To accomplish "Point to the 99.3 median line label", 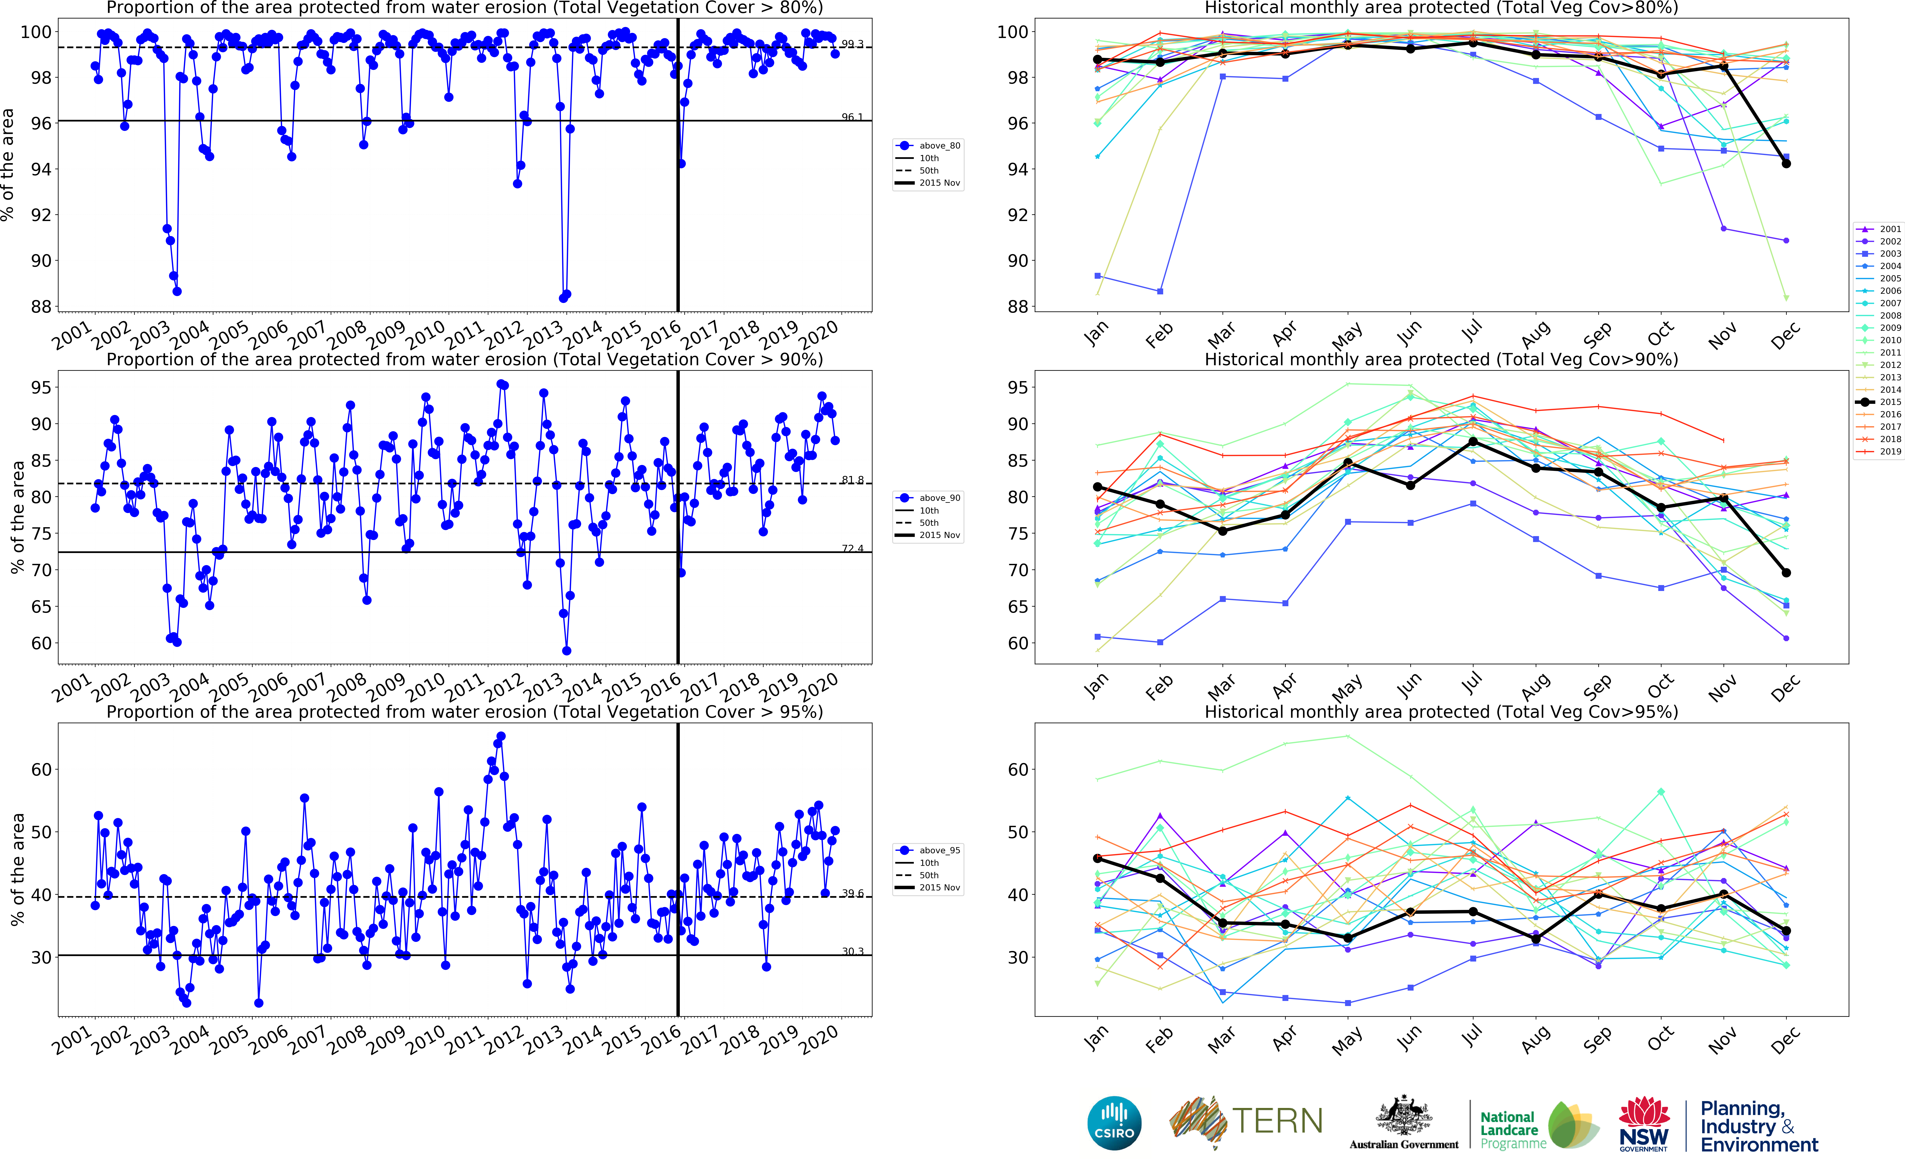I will [x=852, y=43].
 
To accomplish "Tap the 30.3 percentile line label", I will [x=852, y=951].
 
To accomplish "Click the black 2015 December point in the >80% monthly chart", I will [x=1785, y=164].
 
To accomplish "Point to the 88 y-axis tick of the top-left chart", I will [x=40, y=306].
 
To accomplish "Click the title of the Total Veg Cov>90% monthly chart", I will [x=1441, y=359].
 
